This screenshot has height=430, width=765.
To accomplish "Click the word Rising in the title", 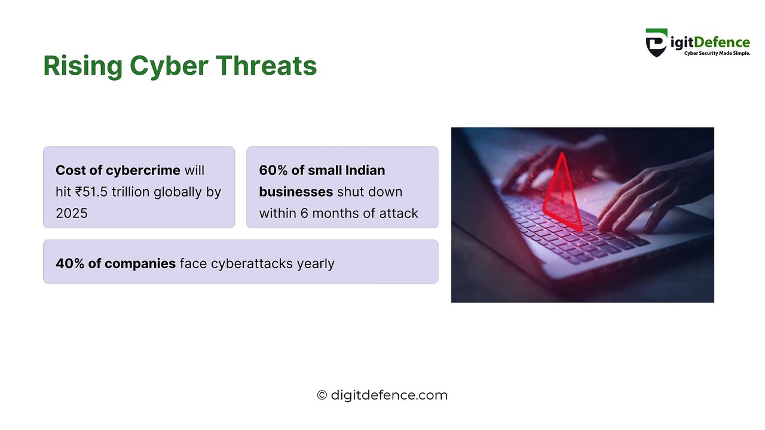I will click(82, 66).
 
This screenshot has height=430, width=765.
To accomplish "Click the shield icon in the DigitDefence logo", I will click(656, 42).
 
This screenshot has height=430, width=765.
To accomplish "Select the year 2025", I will click(72, 213).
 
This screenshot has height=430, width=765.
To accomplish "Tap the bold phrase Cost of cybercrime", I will click(118, 171).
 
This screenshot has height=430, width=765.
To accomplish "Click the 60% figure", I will click(273, 171).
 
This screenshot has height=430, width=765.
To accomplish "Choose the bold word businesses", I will click(296, 192).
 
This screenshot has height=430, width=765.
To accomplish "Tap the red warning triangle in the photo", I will click(562, 194).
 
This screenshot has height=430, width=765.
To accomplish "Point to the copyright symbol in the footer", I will click(322, 395).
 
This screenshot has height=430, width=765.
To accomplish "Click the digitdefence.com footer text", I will click(389, 395).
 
